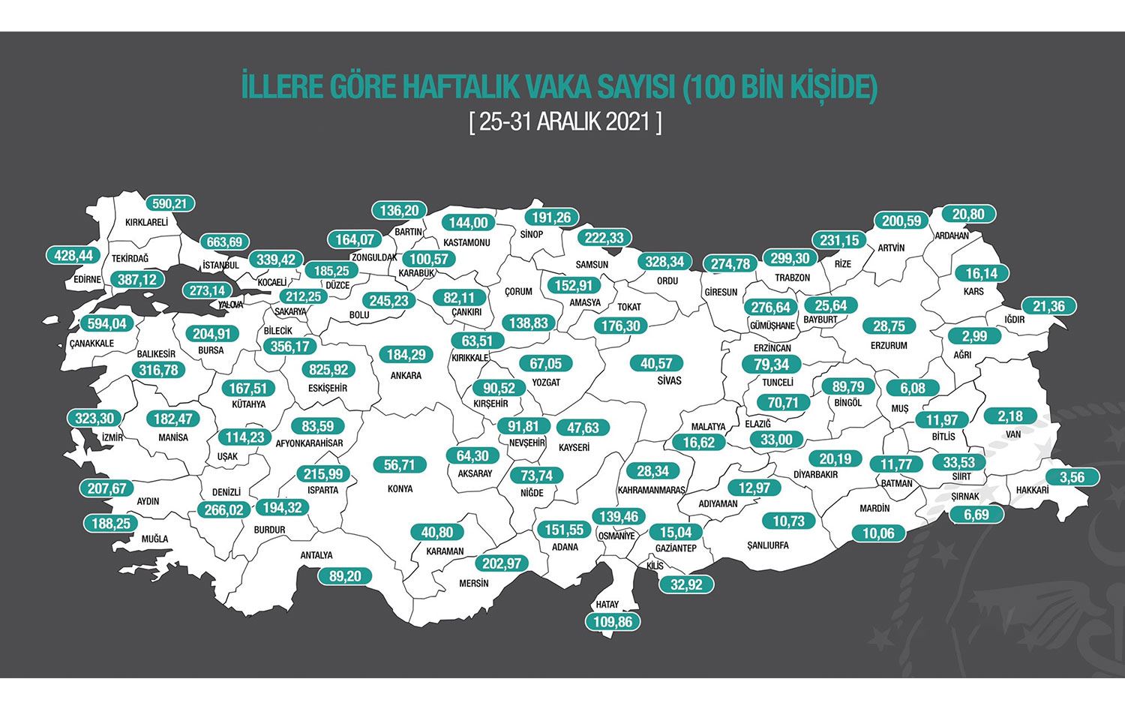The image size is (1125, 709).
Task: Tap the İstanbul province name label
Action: [x=220, y=265]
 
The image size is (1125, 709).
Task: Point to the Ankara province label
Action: [x=406, y=375]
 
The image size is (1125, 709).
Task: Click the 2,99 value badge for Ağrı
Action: [x=976, y=336]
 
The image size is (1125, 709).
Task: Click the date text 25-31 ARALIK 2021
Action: [x=565, y=122]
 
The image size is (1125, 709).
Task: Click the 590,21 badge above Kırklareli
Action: [x=169, y=204]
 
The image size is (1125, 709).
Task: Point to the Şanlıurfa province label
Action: [x=768, y=545]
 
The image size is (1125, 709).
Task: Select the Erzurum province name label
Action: [x=889, y=346]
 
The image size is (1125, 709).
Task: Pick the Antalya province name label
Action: [x=316, y=555]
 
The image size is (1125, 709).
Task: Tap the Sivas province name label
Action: [x=669, y=381]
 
